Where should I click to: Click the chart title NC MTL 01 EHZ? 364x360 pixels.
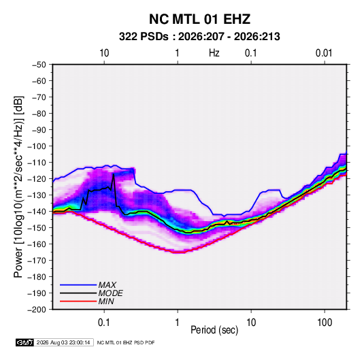click(x=199, y=19)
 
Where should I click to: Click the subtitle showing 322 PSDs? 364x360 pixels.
click(x=199, y=37)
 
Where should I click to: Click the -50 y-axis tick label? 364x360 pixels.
click(x=39, y=65)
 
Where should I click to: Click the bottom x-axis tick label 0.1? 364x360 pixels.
click(x=104, y=323)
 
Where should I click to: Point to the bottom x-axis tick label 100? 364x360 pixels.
click(x=325, y=323)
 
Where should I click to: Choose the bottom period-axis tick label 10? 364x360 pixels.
click(x=251, y=323)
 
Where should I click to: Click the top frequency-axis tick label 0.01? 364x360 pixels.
click(x=324, y=53)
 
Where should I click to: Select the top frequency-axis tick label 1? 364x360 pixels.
click(x=177, y=53)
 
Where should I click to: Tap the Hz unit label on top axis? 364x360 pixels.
click(x=214, y=53)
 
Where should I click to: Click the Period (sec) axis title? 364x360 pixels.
click(x=214, y=330)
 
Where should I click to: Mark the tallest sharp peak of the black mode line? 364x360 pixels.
click(x=114, y=174)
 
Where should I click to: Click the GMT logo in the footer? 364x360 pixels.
click(x=24, y=342)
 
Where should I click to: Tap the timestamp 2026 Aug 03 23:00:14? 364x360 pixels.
click(x=63, y=342)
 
